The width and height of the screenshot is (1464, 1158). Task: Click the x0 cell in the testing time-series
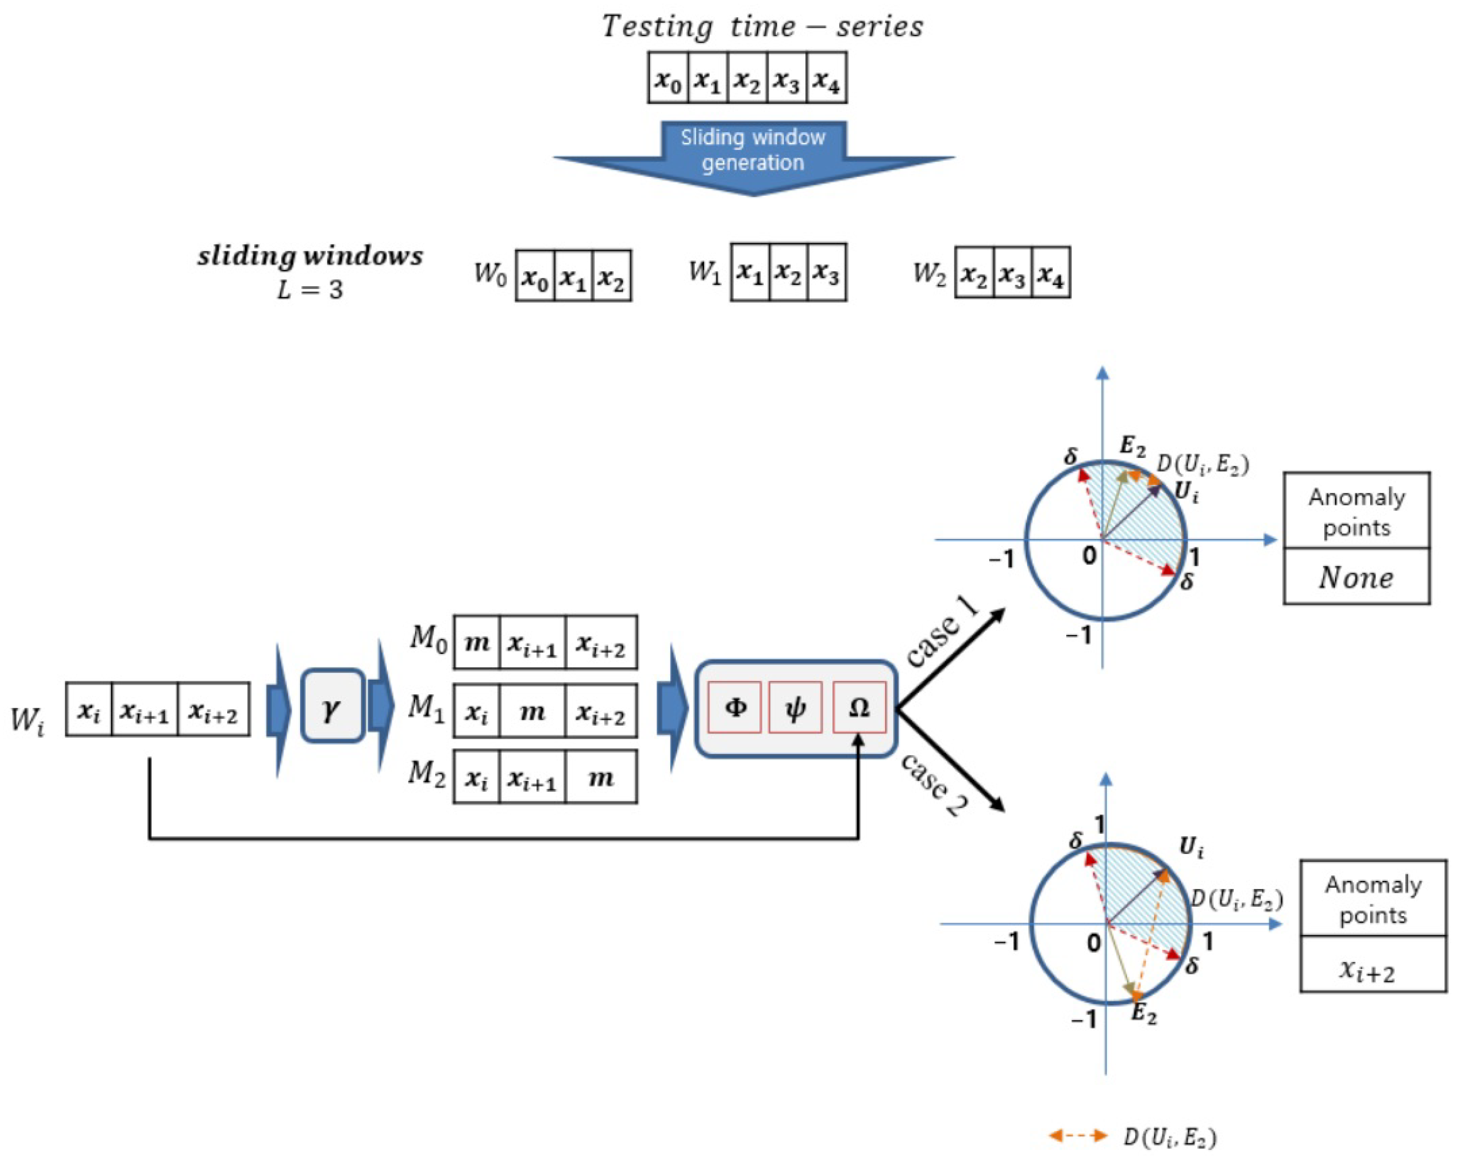(668, 79)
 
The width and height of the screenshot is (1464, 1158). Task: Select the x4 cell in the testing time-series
(827, 79)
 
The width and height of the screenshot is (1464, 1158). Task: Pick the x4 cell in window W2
(1051, 273)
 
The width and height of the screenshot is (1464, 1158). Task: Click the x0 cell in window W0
(535, 276)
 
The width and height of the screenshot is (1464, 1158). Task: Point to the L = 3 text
(310, 290)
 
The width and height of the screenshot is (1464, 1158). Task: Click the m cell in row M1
(532, 711)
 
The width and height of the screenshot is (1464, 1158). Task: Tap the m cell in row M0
(477, 642)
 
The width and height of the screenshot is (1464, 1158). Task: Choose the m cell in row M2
(600, 777)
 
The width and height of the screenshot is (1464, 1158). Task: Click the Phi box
(735, 707)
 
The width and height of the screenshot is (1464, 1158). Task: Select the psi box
(795, 707)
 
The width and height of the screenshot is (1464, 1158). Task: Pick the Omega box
(859, 707)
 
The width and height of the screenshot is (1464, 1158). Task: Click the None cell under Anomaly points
(1356, 576)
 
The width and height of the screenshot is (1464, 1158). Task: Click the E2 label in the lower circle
(1144, 1014)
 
